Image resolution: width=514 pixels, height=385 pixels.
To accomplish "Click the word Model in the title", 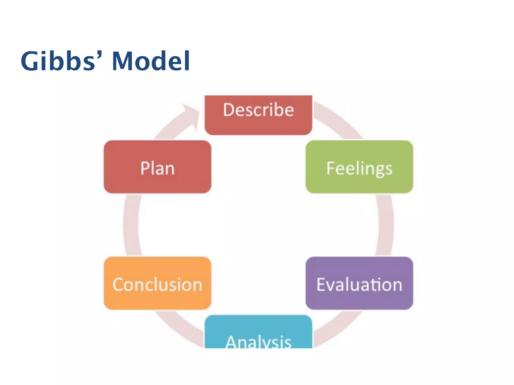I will [x=151, y=61].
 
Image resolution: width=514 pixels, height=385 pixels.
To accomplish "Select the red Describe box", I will [x=258, y=115].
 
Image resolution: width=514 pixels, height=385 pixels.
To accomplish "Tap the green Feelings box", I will [x=359, y=167].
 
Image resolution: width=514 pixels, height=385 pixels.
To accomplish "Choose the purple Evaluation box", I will [x=359, y=283].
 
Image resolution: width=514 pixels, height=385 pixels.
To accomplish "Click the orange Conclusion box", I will [x=157, y=283].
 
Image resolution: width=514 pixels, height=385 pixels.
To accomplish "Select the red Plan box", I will [x=157, y=167].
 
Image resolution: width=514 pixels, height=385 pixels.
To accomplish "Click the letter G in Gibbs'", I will [x=31, y=61].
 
